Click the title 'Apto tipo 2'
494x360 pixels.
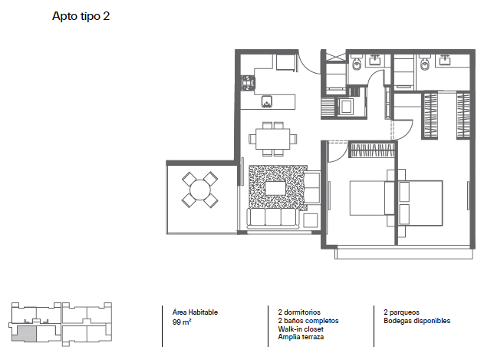tap(81, 16)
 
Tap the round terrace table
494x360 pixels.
tap(200, 190)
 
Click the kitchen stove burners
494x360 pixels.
tap(249, 83)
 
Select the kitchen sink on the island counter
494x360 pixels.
tap(267, 102)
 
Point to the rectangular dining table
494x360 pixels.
tap(273, 139)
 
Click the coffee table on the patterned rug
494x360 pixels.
tap(276, 188)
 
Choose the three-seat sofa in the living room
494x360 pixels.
tap(273, 218)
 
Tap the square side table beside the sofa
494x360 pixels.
tap(311, 220)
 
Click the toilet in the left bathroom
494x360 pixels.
tap(357, 64)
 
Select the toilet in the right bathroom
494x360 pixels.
tap(425, 64)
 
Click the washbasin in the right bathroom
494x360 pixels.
tap(445, 60)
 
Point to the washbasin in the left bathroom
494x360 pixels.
tap(375, 60)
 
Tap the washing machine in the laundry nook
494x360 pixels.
tap(346, 107)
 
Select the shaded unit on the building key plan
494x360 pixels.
tap(26, 334)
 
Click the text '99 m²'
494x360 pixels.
tap(182, 322)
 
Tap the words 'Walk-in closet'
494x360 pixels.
tap(301, 329)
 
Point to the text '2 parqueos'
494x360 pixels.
tap(401, 312)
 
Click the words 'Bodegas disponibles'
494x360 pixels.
tap(417, 321)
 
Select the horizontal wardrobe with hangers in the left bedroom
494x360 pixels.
tap(372, 150)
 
